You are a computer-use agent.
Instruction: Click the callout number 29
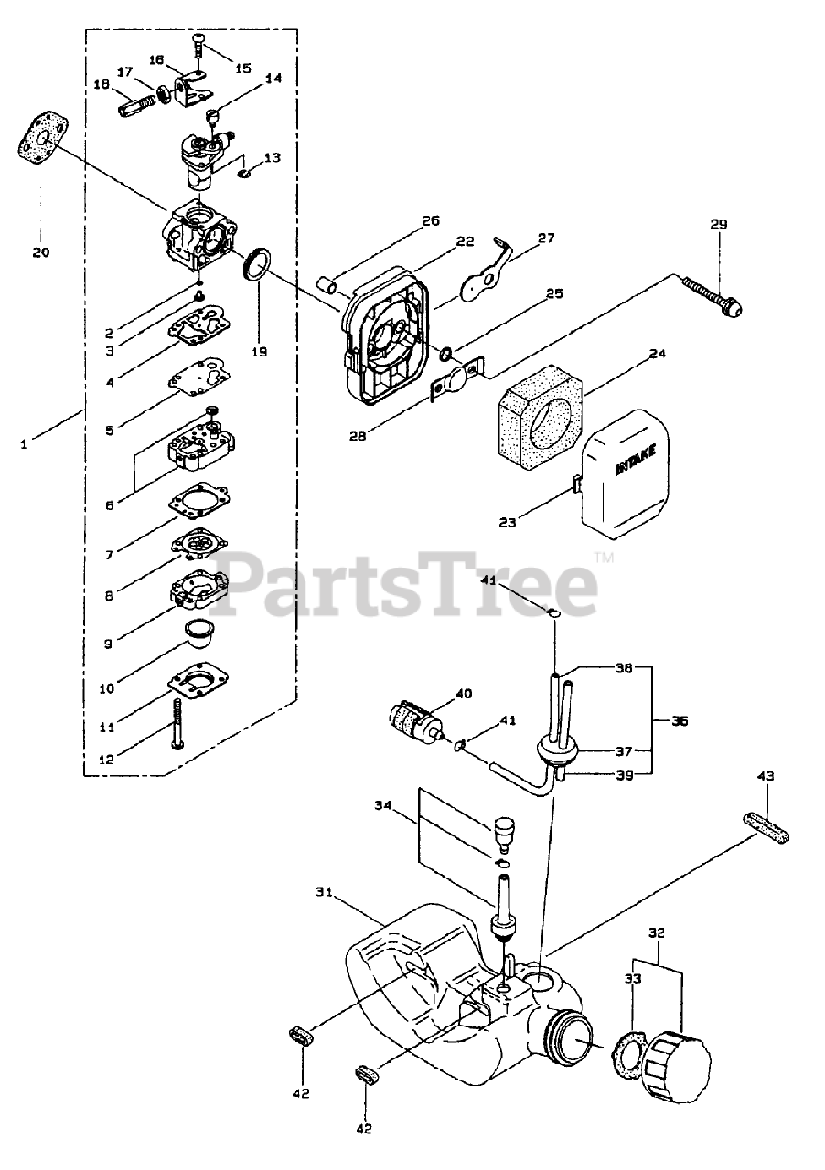(x=718, y=224)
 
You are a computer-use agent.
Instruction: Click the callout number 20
(x=41, y=252)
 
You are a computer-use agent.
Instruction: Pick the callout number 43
(x=766, y=776)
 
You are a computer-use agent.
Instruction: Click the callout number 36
(x=679, y=721)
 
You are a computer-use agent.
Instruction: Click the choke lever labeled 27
(x=486, y=278)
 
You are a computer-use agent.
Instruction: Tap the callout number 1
(x=24, y=444)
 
